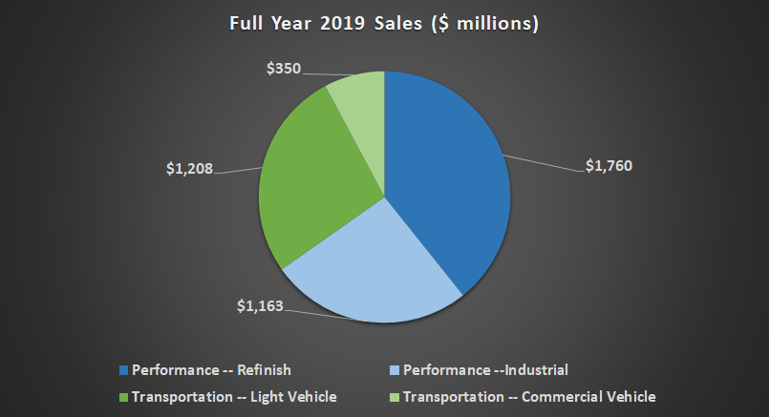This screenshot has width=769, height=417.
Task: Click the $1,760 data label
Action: pos(609,165)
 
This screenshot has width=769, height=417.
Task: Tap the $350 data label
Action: pos(283,70)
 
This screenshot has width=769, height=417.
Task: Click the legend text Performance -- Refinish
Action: pos(211,369)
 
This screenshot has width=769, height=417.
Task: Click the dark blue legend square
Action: pos(122,369)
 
